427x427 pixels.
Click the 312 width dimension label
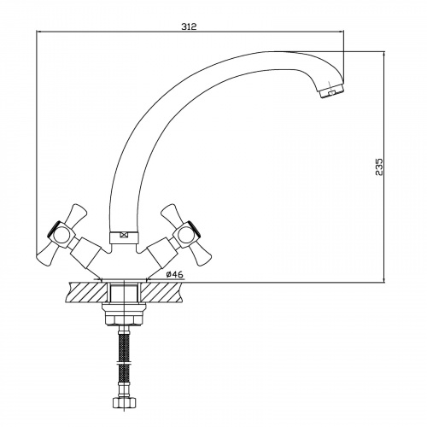point(189,26)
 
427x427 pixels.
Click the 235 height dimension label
point(379,167)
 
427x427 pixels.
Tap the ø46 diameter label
point(175,274)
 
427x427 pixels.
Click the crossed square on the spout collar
point(124,235)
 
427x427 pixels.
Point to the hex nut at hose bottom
point(124,403)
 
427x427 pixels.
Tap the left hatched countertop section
point(86,292)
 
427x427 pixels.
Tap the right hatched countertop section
point(161,292)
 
